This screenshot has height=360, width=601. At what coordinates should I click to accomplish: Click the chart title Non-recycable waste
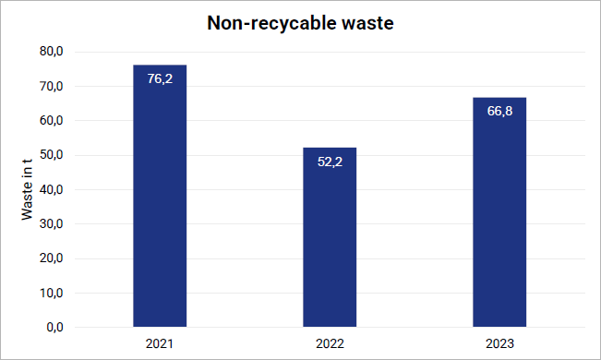tap(300, 23)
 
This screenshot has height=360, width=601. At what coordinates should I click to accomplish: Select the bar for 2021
tap(160, 196)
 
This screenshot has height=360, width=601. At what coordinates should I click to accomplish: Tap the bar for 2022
tap(330, 237)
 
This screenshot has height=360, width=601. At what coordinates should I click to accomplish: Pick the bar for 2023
tap(499, 212)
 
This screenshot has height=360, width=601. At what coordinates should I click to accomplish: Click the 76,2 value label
tap(160, 79)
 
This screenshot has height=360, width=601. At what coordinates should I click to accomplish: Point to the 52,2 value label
tap(330, 162)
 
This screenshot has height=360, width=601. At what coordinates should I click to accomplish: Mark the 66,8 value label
tap(499, 111)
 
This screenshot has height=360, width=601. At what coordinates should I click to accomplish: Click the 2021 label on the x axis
tap(160, 343)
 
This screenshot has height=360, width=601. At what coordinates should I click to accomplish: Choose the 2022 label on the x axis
tap(330, 343)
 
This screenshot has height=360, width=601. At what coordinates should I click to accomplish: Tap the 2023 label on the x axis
tap(499, 343)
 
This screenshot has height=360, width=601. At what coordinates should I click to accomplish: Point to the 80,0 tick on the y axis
tap(52, 52)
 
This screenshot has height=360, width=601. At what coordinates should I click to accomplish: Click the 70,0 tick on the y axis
tap(52, 86)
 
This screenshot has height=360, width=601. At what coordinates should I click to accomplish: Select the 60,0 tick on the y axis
tap(52, 120)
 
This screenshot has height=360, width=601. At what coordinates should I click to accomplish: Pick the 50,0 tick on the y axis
tap(52, 155)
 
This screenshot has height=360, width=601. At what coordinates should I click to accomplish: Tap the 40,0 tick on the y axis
tap(52, 189)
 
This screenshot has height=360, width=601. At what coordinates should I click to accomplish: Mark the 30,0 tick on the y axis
tap(52, 224)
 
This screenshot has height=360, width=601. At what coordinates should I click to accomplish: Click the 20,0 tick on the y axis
tap(52, 258)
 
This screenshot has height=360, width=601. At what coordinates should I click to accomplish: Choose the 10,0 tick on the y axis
tap(52, 293)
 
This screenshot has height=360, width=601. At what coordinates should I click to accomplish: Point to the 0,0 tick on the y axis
tap(54, 328)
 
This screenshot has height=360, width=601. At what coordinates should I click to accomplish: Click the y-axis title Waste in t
tap(27, 189)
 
